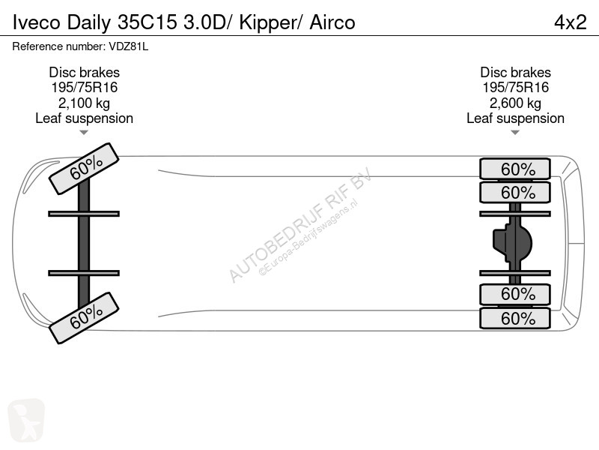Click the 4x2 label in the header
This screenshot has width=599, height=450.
coord(571,22)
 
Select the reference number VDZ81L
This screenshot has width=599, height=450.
coord(128,46)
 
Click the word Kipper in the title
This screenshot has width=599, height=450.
coord(268,23)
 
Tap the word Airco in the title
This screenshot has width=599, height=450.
coord(332,22)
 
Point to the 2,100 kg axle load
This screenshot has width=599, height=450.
coord(84,103)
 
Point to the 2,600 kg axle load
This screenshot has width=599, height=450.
coord(515,103)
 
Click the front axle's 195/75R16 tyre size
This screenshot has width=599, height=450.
coord(85,88)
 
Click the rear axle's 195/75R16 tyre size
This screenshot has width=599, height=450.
coord(515,88)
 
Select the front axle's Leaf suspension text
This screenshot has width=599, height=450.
coord(84,118)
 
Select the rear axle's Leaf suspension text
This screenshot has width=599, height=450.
coord(515,118)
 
